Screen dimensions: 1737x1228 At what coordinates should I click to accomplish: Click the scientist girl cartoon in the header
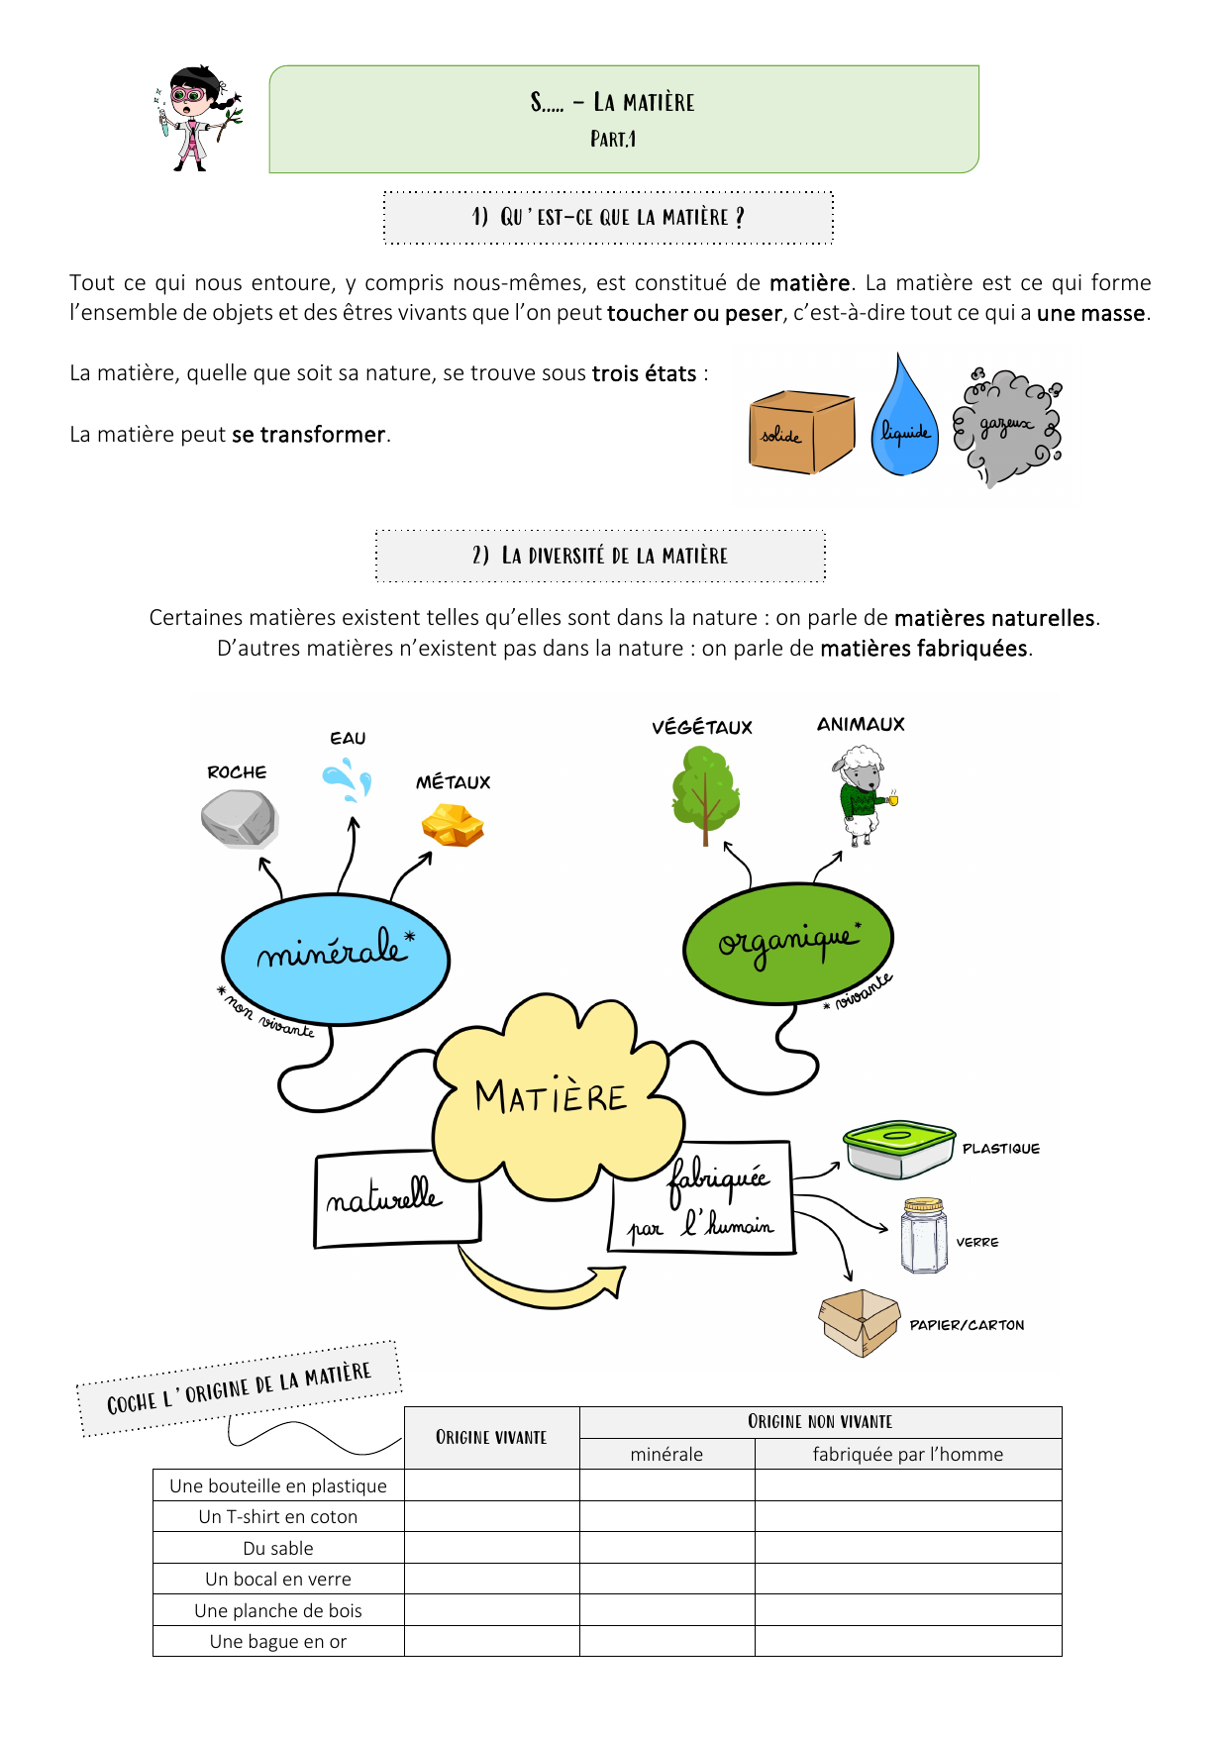pyautogui.click(x=198, y=119)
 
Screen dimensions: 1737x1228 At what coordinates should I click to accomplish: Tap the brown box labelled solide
pyautogui.click(x=800, y=432)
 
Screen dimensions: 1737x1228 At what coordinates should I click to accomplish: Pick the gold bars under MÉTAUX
pyautogui.click(x=453, y=825)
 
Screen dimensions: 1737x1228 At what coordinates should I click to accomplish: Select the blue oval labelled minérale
pyautogui.click(x=336, y=958)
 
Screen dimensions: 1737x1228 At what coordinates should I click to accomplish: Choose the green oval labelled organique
pyautogui.click(x=788, y=942)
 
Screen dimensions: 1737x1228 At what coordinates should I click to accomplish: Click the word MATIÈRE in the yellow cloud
pyautogui.click(x=551, y=1097)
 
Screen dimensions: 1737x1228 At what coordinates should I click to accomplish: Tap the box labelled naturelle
pyautogui.click(x=396, y=1198)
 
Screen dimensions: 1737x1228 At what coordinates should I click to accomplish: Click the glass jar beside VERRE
pyautogui.click(x=924, y=1236)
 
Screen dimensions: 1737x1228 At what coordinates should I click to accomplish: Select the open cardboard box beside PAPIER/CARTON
pyautogui.click(x=858, y=1322)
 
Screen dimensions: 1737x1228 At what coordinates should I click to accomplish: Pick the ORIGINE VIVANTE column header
pyautogui.click(x=491, y=1437)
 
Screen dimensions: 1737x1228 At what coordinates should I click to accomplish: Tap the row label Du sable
pyautogui.click(x=278, y=1548)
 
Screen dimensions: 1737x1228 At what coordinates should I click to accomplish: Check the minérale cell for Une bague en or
pyautogui.click(x=666, y=1641)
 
